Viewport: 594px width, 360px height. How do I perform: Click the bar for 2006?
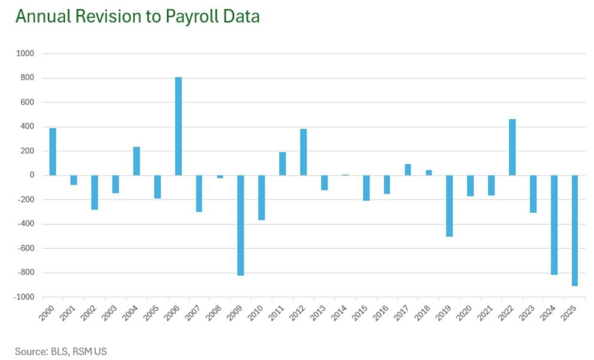pyautogui.click(x=178, y=126)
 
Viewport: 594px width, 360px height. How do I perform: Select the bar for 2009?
pyautogui.click(x=241, y=225)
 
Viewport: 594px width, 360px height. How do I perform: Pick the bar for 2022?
pyautogui.click(x=513, y=147)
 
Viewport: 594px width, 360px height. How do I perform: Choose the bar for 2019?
pyautogui.click(x=450, y=205)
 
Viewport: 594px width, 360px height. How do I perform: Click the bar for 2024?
pyautogui.click(x=554, y=225)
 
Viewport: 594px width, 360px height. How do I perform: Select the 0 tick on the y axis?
pyautogui.click(x=31, y=176)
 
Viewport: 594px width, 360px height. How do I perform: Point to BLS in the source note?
pyautogui.click(x=61, y=351)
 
